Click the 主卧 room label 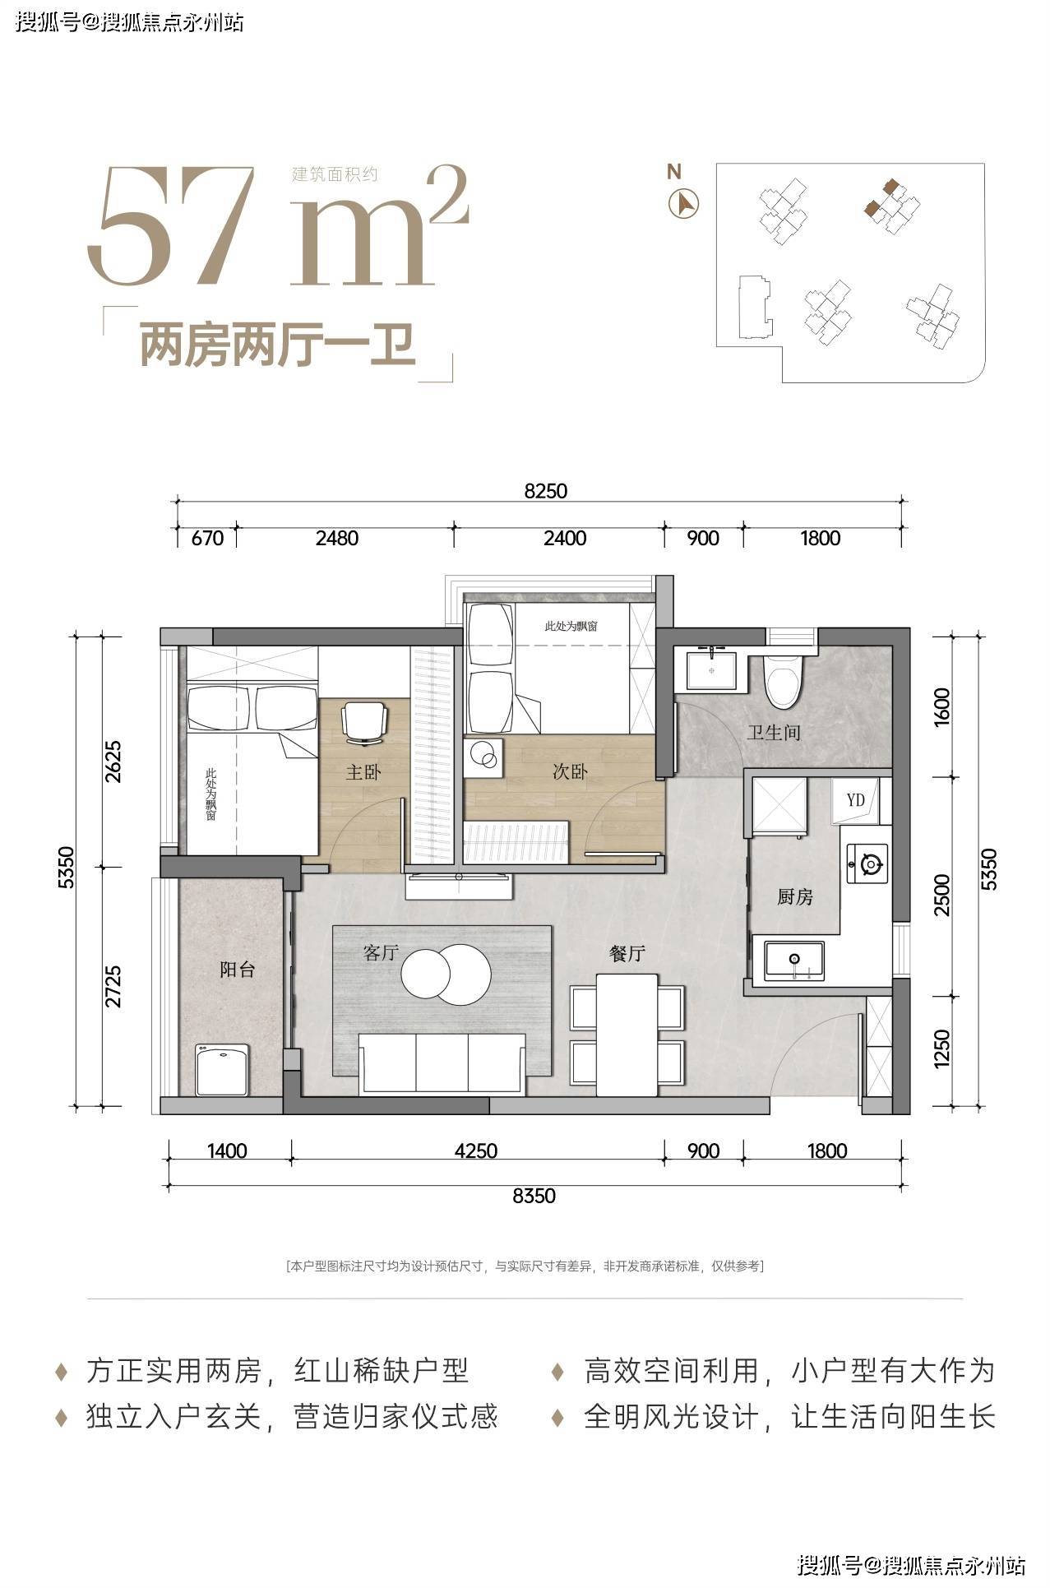coord(363,771)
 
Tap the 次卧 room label coord(569,771)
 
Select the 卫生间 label coord(773,732)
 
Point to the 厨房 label coord(795,896)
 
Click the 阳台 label coord(237,969)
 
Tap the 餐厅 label coord(627,953)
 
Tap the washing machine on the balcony coord(223,1069)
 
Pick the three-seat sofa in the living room coord(442,1062)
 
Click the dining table coord(627,1035)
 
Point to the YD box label coord(856,799)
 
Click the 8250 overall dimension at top coord(546,491)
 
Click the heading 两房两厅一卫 coord(278,346)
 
